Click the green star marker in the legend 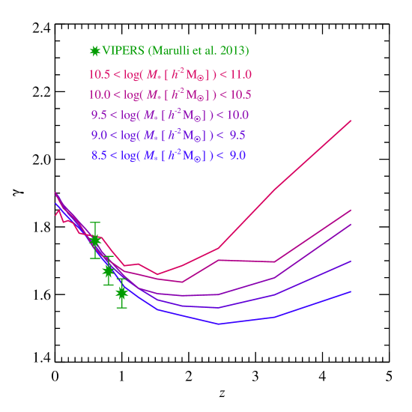pyautogui.click(x=94, y=51)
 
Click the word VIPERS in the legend pyautogui.click(x=124, y=51)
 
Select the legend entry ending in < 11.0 pyautogui.click(x=170, y=74)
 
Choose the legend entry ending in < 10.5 pyautogui.click(x=170, y=94)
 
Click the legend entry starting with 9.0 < pyautogui.click(x=169, y=135)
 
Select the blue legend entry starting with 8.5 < pyautogui.click(x=169, y=155)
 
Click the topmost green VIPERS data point pyautogui.click(x=95, y=240)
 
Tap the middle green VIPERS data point pyautogui.click(x=108, y=270)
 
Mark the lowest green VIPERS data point pyautogui.click(x=121, y=293)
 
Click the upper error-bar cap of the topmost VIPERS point pyautogui.click(x=95, y=222)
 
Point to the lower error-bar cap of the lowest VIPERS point pyautogui.click(x=121, y=307)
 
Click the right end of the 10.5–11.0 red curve pyautogui.click(x=351, y=120)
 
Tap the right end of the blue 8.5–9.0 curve pyautogui.click(x=351, y=291)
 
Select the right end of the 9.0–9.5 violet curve pyautogui.click(x=351, y=261)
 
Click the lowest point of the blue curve pyautogui.click(x=218, y=324)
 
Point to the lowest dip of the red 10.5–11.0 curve pyautogui.click(x=157, y=274)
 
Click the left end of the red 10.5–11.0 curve pyautogui.click(x=55, y=214)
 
